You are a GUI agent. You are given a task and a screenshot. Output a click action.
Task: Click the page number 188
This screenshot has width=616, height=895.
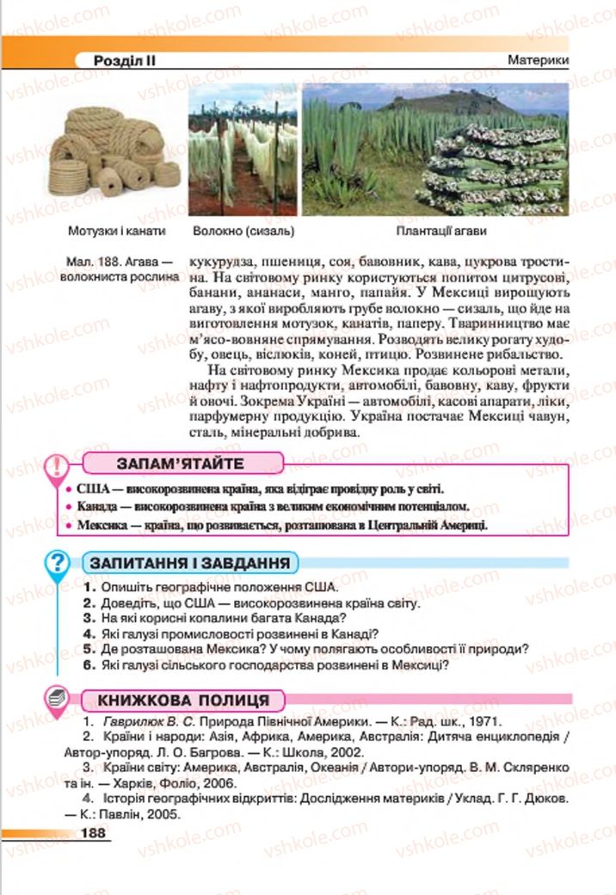pos(92,832)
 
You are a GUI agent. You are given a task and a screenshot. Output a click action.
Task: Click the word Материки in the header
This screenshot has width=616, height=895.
pos(539,61)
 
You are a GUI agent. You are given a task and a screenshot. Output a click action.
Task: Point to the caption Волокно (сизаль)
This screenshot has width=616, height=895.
pos(243,231)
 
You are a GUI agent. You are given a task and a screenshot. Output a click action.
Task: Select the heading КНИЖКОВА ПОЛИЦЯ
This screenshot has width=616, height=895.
pos(182,700)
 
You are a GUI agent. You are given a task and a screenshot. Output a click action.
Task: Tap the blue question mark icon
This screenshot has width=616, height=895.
pos(57,565)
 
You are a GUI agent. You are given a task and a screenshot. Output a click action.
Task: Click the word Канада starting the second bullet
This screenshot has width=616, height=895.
pos(97,507)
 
